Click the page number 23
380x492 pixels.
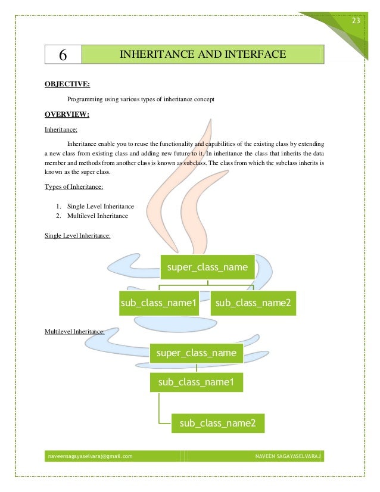point(356,21)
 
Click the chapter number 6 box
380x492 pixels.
point(63,55)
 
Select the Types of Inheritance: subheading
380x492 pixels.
point(74,186)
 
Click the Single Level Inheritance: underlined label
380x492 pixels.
point(77,235)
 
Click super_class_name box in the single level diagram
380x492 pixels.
point(207,267)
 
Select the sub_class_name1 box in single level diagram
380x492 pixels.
point(158,303)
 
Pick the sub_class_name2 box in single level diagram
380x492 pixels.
point(253,303)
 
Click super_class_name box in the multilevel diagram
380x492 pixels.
point(197,353)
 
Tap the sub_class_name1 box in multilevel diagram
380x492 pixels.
point(197,382)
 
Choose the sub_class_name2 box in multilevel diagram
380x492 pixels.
point(217,424)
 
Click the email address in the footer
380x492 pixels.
point(90,456)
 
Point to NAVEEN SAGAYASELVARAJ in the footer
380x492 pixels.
point(288,456)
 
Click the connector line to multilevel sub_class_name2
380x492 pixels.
point(160,411)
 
